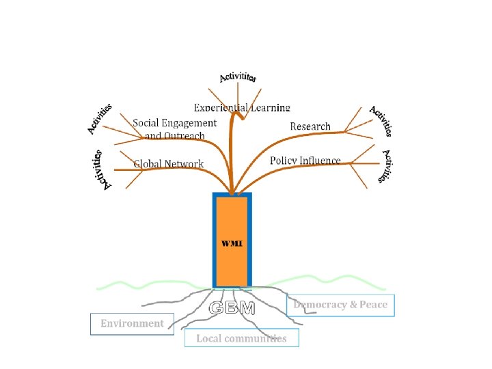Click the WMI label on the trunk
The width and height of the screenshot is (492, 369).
[232, 244]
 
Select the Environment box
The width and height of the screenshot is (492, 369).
[132, 323]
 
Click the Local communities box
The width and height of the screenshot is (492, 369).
[241, 338]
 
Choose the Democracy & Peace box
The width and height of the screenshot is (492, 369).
[340, 305]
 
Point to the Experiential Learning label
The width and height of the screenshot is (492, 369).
[242, 107]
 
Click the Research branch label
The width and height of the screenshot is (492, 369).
[310, 126]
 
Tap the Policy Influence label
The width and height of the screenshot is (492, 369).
[305, 161]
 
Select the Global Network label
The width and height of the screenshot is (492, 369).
[169, 163]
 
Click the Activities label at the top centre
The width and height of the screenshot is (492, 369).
[238, 77]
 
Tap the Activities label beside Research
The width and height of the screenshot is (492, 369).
[381, 121]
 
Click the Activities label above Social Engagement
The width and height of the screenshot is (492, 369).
[100, 118]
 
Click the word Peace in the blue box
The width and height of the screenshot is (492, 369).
[372, 305]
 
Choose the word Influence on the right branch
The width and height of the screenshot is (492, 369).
[319, 161]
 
